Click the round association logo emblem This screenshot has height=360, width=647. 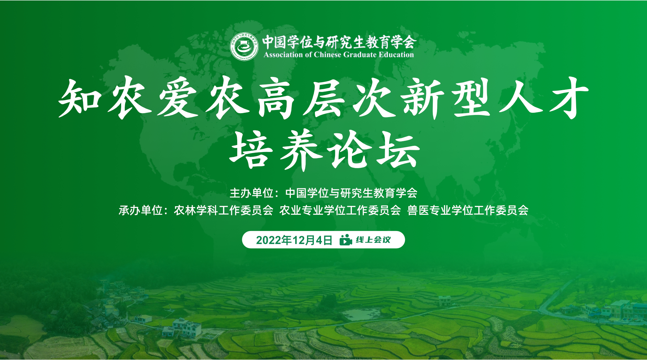[244, 46]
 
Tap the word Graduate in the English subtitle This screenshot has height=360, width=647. [360, 55]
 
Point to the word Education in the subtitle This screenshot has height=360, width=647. [396, 55]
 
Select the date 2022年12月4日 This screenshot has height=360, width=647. [294, 240]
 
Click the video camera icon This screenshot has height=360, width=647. [345, 240]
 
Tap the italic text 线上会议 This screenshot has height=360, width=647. [373, 240]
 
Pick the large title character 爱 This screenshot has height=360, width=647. [179, 98]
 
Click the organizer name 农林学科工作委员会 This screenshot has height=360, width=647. [224, 210]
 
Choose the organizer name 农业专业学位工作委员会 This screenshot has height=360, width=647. [340, 210]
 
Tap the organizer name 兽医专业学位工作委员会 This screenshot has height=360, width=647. [468, 210]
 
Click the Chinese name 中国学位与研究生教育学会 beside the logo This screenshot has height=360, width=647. [339, 42]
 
